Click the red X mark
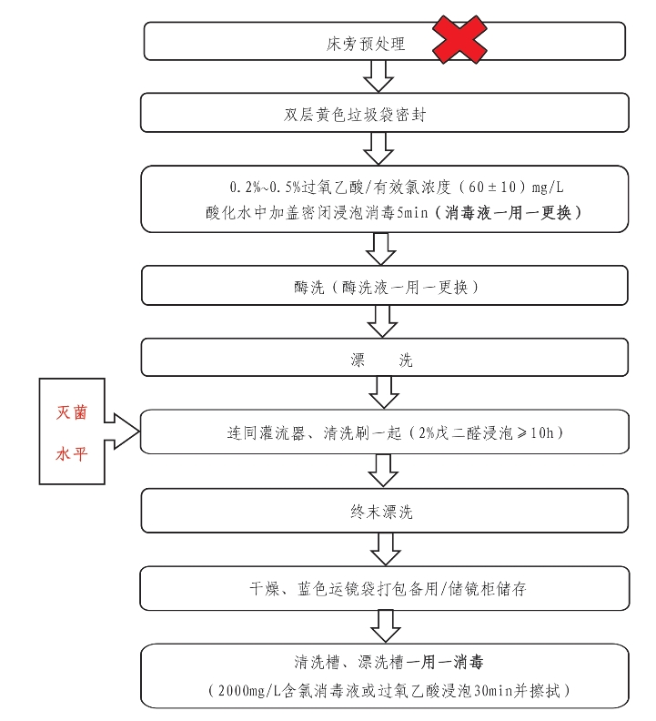click(x=459, y=39)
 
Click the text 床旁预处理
click(x=366, y=44)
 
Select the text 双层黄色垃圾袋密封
click(x=355, y=115)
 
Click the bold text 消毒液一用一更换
click(x=508, y=212)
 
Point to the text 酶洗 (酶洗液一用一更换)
click(x=386, y=288)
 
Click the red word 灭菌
click(x=72, y=412)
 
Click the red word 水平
click(x=72, y=454)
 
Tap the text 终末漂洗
click(x=381, y=512)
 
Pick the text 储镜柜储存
click(x=487, y=589)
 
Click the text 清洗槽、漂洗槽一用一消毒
click(x=389, y=662)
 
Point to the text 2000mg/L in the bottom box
click(x=249, y=691)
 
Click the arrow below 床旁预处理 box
click(x=378, y=76)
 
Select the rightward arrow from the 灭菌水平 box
click(x=122, y=431)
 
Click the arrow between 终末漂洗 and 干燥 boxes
click(x=385, y=549)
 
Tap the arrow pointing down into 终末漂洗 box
click(x=383, y=471)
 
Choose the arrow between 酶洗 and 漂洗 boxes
click(x=382, y=321)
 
